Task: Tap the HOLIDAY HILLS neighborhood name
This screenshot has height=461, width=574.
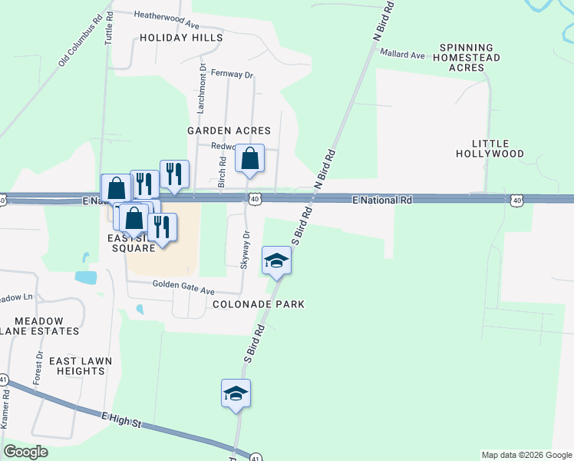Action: pyautogui.click(x=181, y=38)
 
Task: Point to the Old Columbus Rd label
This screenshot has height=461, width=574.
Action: pyautogui.click(x=81, y=41)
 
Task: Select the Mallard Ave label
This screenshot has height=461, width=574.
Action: pyautogui.click(x=402, y=55)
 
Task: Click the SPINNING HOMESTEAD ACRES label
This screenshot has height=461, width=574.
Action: pyautogui.click(x=469, y=58)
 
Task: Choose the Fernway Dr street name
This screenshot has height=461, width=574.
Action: pyautogui.click(x=233, y=75)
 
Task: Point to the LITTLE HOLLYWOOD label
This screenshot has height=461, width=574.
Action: pyautogui.click(x=497, y=148)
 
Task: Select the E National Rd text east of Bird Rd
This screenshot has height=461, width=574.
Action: pyautogui.click(x=382, y=200)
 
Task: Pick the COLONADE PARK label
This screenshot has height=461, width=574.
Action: pyautogui.click(x=259, y=304)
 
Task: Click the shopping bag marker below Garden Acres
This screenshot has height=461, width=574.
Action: pyautogui.click(x=249, y=159)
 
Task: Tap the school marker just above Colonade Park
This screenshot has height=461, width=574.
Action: pyautogui.click(x=276, y=261)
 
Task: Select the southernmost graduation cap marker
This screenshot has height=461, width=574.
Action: pyautogui.click(x=236, y=394)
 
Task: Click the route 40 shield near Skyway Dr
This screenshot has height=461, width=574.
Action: pyautogui.click(x=254, y=199)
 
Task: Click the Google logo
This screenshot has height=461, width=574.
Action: pyautogui.click(x=25, y=452)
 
